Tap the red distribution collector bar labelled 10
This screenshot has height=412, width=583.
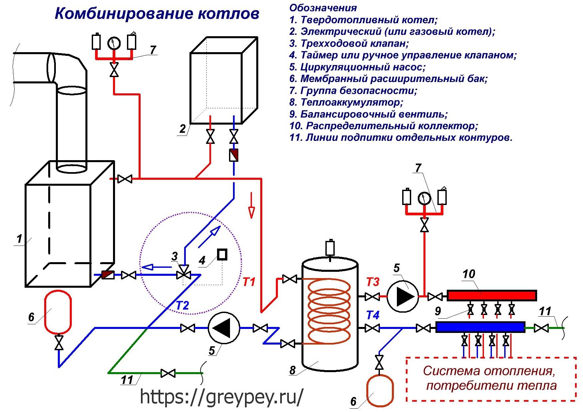[492, 295]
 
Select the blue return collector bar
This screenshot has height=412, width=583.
[480, 327]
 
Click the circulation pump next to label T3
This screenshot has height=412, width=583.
[403, 296]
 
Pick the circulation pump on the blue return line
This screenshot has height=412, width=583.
[224, 328]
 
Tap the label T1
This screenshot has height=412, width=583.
[249, 282]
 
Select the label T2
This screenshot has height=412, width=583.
[182, 305]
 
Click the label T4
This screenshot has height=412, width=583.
[373, 315]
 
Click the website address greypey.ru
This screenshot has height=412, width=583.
[222, 396]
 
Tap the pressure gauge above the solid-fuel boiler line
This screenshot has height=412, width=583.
[114, 43]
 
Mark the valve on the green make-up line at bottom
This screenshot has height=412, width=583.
[168, 373]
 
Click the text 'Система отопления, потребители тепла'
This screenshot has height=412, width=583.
[491, 378]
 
